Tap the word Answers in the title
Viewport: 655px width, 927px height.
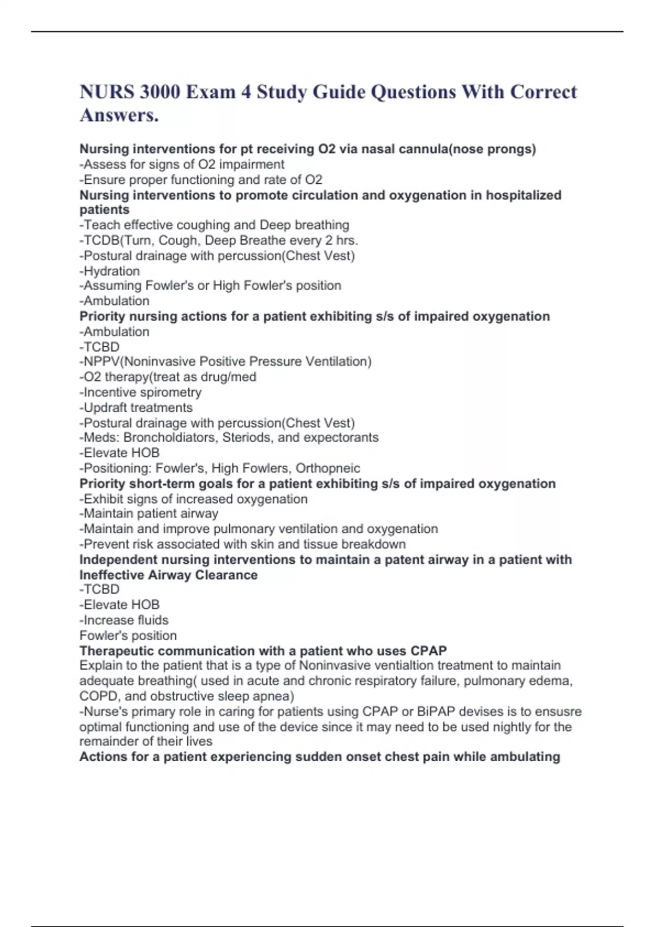pos(119,116)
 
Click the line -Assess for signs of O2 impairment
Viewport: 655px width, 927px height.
pos(182,164)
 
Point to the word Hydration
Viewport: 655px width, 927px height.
pos(111,271)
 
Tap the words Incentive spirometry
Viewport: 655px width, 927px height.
pos(142,392)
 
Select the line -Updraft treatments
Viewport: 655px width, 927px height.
pos(136,407)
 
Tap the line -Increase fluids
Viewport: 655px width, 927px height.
pos(124,620)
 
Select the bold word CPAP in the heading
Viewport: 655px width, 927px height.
pos(428,651)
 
